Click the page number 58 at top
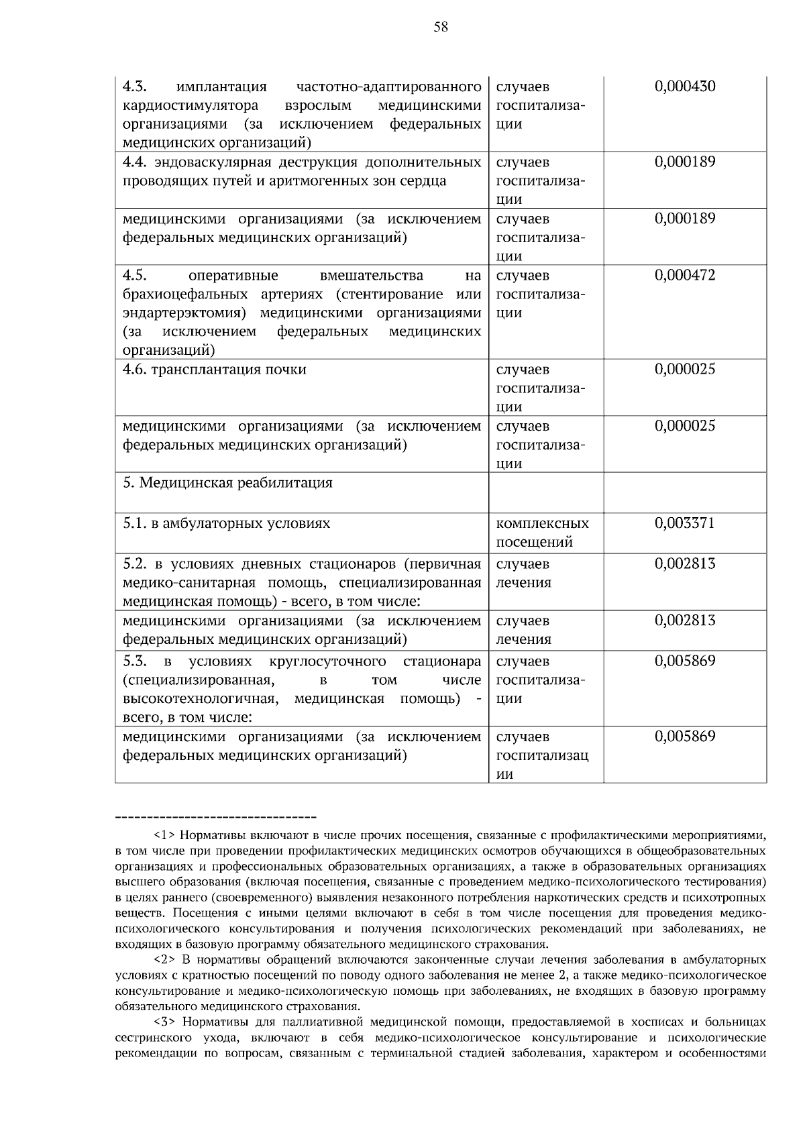(441, 27)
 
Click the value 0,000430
(684, 87)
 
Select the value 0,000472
(684, 276)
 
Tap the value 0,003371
(684, 523)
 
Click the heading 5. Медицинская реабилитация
(227, 483)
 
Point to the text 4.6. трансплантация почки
(214, 370)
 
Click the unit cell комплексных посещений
(542, 533)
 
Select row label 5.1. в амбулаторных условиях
(226, 523)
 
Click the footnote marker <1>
(164, 836)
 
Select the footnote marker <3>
(164, 1022)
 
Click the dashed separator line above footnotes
(216, 817)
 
